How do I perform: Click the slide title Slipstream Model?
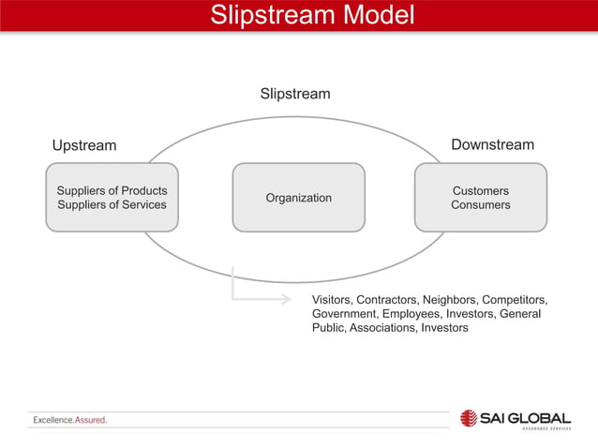click(298, 16)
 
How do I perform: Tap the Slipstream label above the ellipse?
click(294, 94)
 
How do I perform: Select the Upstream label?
click(84, 145)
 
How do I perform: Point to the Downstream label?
click(492, 144)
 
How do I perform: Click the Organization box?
click(298, 198)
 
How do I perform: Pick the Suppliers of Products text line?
click(112, 190)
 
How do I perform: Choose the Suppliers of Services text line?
click(112, 204)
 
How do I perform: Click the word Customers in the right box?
click(480, 190)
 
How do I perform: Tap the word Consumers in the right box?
click(480, 204)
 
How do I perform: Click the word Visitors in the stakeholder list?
click(334, 299)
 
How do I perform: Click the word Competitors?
click(515, 299)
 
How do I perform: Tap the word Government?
click(344, 313)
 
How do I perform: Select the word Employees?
click(413, 313)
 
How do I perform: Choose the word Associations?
click(382, 328)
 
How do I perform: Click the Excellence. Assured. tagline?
click(70, 420)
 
